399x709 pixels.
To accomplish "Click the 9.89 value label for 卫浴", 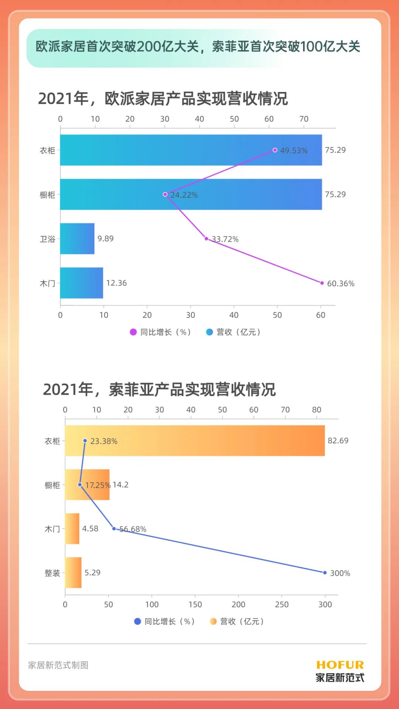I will pos(105,239).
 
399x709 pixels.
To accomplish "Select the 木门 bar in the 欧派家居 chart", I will pos(82,283).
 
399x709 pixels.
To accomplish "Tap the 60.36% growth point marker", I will pos(322,283).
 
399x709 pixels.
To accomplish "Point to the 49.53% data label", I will pos(294,150).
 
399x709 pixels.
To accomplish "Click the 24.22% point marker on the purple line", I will pos(165,194).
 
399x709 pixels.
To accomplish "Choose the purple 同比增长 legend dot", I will pos(133,332).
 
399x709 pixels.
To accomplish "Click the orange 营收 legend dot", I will pos(213,621).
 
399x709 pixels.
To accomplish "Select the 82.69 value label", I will pos(338,440).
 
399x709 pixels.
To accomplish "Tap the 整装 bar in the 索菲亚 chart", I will pos(73,573).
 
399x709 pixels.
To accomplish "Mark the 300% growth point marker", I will pos(325,573).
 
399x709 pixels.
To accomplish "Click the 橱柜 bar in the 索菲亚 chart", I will pos(87,485).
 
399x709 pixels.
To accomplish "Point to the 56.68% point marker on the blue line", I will pos(114,529).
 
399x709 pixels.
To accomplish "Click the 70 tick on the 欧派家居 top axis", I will pos(304,119).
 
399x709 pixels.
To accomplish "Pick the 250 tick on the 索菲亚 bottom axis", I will pos(282,604).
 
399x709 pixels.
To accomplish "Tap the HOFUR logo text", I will pos(340,665).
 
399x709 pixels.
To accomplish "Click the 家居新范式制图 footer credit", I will pos(58,665).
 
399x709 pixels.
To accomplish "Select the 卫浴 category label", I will pos(47,239).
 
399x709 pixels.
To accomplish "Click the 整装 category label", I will pos(52,573).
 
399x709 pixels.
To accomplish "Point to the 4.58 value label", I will pos(90,529).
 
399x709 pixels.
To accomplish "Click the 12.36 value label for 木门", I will pos(116,283).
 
